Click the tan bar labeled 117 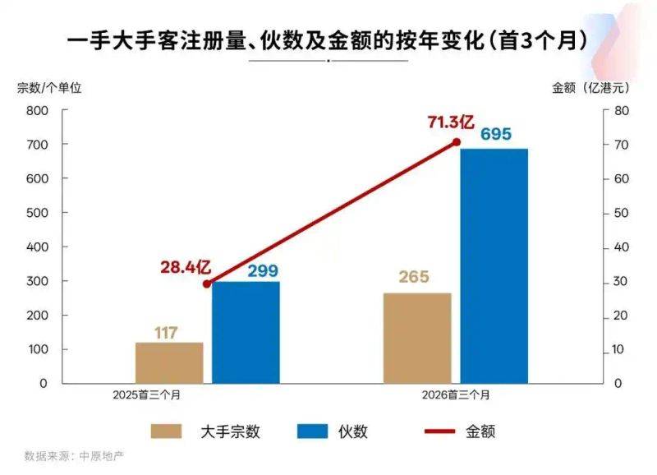point(169,362)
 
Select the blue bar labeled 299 point(246,332)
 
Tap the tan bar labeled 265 point(417,338)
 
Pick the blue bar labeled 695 point(494,266)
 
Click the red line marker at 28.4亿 point(206,284)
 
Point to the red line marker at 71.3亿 point(457,142)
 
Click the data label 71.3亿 point(450,122)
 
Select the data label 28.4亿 point(186,267)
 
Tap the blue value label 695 point(496,135)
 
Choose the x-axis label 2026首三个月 point(457,395)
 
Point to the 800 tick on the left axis point(37,110)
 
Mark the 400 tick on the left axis point(37,247)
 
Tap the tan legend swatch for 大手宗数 point(168,431)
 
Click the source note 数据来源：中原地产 point(78,455)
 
